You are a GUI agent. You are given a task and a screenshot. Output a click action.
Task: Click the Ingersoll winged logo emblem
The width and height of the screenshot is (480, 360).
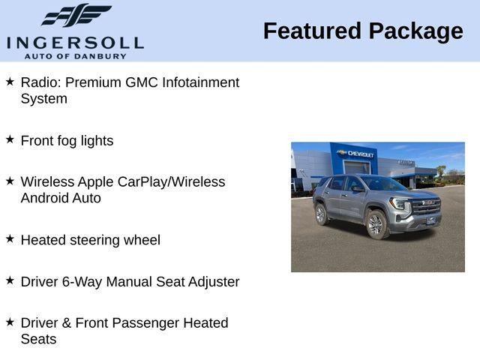(76, 15)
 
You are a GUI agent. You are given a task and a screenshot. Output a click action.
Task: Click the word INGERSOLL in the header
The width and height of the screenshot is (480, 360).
(75, 42)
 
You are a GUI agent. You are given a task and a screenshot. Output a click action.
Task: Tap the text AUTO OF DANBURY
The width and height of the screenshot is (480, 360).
(75, 55)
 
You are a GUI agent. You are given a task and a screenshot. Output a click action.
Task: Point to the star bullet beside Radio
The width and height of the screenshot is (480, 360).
(10, 80)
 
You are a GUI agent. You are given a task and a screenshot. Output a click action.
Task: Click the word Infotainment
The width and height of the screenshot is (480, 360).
(202, 82)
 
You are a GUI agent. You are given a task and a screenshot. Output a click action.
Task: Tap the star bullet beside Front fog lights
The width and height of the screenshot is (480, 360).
(10, 139)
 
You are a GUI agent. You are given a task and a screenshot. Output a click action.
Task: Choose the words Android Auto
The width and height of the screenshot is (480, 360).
(61, 198)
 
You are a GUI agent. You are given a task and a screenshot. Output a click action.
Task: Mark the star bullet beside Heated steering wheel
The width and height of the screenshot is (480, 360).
(10, 238)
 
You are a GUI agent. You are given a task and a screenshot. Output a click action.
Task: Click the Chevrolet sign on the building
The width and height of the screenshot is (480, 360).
(357, 153)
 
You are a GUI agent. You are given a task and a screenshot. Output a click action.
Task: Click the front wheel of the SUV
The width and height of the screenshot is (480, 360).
(376, 223)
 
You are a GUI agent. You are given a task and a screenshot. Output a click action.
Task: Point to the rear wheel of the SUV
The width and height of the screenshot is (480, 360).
(322, 214)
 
